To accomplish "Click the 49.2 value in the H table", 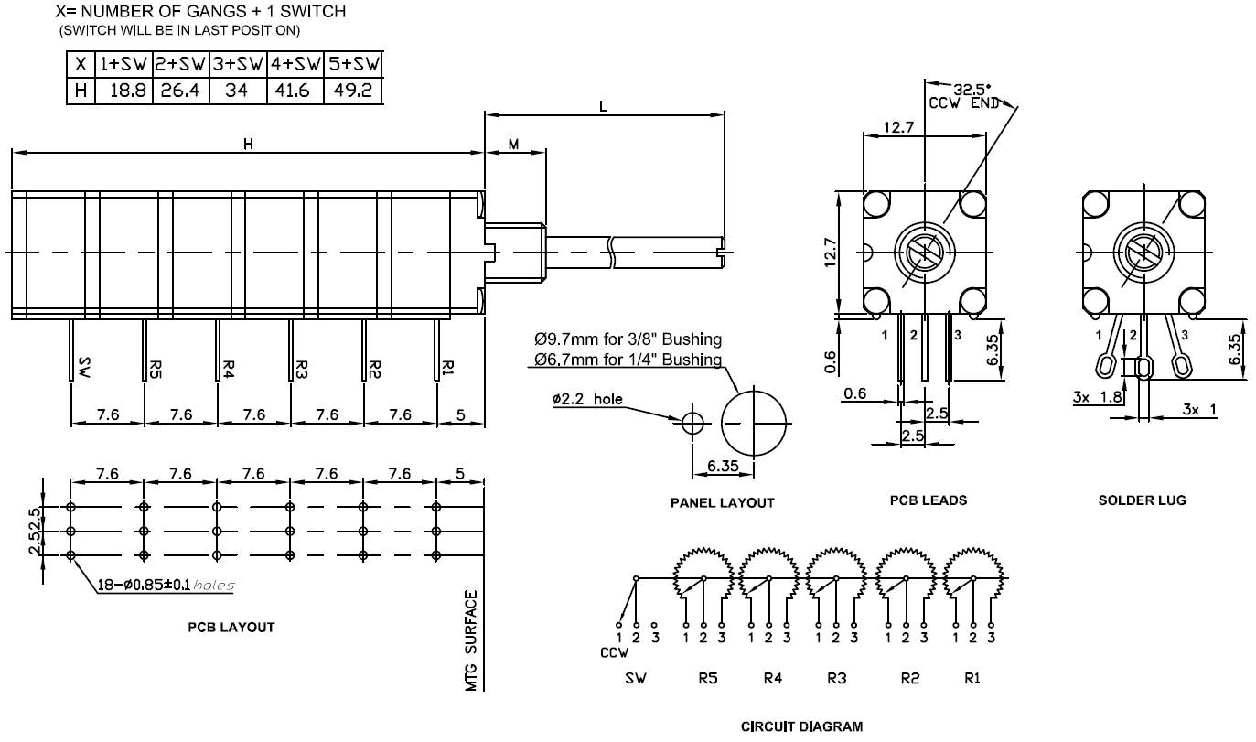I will [x=353, y=91].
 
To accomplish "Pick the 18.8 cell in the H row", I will [x=123, y=91].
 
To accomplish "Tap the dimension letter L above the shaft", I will [x=603, y=105].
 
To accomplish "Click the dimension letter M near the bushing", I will [x=514, y=144].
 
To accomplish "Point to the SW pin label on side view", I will [x=85, y=368].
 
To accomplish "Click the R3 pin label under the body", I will [x=302, y=369].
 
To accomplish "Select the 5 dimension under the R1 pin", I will [x=461, y=415].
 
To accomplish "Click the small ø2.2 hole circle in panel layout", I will [x=693, y=423].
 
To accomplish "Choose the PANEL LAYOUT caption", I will [x=722, y=502].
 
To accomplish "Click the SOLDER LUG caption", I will [x=1142, y=500].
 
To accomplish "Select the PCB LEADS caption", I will [x=928, y=500].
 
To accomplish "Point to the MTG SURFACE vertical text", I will [x=472, y=640].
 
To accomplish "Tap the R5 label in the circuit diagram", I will [x=703, y=679].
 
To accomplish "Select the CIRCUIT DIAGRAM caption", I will [x=800, y=727].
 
